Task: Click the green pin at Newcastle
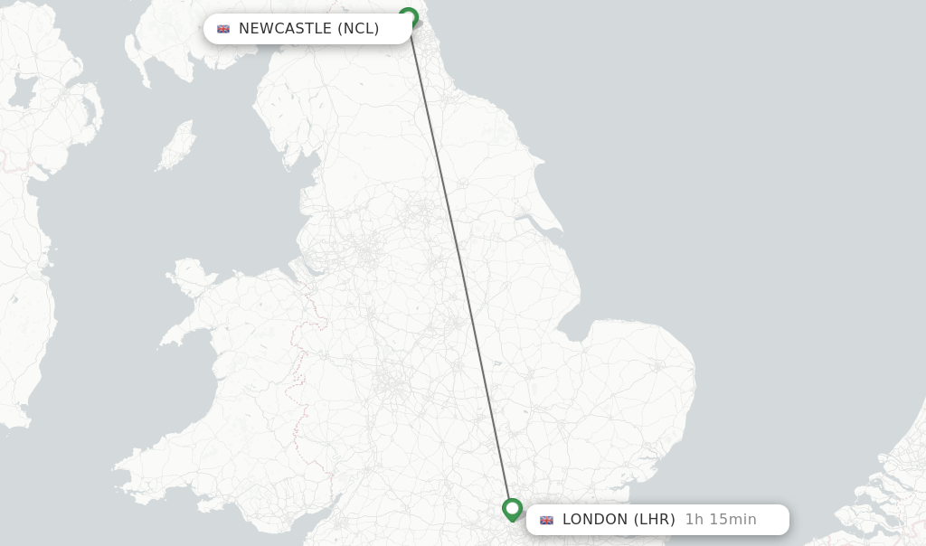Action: [408, 17]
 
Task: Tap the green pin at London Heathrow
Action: [512, 509]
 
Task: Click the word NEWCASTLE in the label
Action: [285, 29]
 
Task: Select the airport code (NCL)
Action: [358, 29]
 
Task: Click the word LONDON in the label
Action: [594, 520]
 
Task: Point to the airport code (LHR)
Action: [654, 520]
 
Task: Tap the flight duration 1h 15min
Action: [721, 520]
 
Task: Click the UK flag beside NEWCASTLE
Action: [223, 29]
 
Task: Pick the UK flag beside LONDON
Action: [546, 520]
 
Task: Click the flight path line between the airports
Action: [459, 262]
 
